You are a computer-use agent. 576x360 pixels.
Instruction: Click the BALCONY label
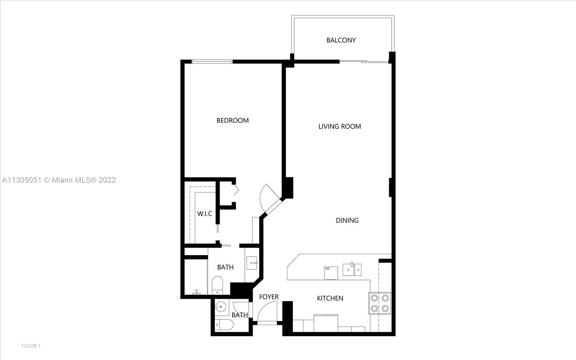click(x=341, y=40)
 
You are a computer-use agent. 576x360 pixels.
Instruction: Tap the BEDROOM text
click(x=233, y=121)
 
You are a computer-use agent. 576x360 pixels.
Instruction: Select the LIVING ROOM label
click(x=339, y=126)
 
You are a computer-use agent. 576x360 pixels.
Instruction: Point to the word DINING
click(x=347, y=220)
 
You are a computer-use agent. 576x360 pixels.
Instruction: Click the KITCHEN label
click(x=330, y=298)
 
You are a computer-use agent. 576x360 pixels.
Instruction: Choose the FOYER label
click(x=269, y=297)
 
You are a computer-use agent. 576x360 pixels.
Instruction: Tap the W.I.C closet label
click(x=204, y=214)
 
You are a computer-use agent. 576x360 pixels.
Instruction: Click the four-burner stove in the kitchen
click(x=380, y=303)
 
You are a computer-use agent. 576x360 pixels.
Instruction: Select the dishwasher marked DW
click(x=331, y=273)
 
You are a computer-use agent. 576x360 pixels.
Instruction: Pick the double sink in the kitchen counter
click(x=352, y=270)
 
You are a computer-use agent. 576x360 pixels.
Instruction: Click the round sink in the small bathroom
click(x=221, y=307)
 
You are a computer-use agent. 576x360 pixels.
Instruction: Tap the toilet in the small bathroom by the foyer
click(x=224, y=325)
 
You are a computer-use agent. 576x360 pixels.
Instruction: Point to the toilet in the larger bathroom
click(x=217, y=285)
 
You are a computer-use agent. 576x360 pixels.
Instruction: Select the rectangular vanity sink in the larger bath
click(x=252, y=263)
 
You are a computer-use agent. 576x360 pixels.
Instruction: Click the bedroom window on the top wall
click(x=212, y=62)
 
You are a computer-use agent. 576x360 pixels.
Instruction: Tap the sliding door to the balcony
click(x=364, y=62)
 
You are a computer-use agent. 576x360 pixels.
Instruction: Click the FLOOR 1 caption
click(x=31, y=346)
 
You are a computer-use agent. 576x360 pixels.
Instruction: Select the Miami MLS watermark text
click(x=59, y=180)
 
